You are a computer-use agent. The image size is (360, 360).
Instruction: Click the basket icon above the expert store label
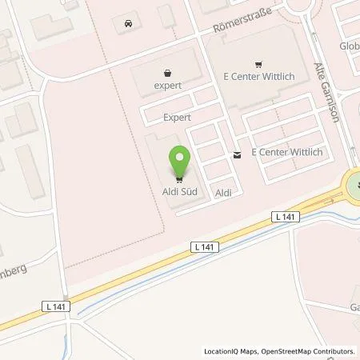coord(167,70)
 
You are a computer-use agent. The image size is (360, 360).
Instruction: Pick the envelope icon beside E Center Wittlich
coord(238,154)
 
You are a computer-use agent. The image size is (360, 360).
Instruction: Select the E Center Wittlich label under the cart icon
coord(257,80)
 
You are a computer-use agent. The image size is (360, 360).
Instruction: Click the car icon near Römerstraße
coord(130,24)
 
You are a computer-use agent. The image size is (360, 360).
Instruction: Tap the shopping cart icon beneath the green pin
coord(180,178)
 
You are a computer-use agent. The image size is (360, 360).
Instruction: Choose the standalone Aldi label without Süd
coord(223,193)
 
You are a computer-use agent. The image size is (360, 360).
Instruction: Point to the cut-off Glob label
coord(349,46)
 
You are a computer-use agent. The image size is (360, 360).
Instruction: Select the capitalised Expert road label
coord(177,117)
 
